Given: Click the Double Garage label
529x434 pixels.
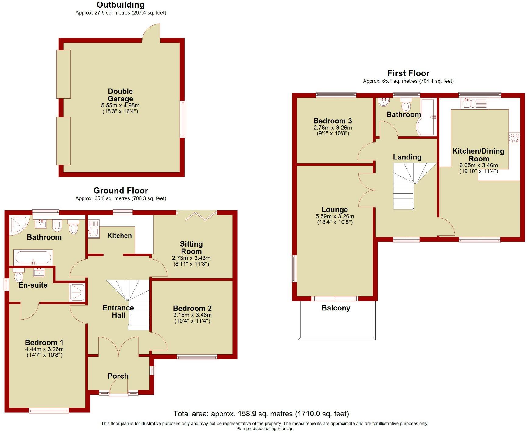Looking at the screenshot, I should [120, 95].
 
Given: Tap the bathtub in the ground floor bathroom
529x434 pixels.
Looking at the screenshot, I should [33, 257].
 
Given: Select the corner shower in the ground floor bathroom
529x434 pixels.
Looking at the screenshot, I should [18, 225].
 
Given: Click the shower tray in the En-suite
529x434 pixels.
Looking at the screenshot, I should [78, 292].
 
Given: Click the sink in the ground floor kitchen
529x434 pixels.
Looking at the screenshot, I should [94, 232].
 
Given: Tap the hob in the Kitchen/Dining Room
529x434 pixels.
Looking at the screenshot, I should [514, 138].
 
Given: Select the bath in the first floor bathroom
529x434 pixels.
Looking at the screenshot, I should [426, 117].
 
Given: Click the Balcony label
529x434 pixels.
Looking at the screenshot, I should [336, 308].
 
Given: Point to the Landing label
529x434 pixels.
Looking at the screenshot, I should [407, 157].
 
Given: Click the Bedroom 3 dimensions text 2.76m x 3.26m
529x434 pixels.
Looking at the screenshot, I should [333, 128].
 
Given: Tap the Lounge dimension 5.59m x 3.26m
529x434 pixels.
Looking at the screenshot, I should [335, 216].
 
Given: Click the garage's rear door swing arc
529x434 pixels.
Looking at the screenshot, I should [151, 33].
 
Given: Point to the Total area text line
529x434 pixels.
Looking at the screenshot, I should [261, 414].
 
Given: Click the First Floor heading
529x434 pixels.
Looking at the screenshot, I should [408, 73].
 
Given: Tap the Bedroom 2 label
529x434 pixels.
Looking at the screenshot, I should [192, 308].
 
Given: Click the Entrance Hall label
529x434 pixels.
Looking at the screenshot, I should [118, 311].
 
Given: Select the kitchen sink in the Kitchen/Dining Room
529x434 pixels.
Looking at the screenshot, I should [468, 103].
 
